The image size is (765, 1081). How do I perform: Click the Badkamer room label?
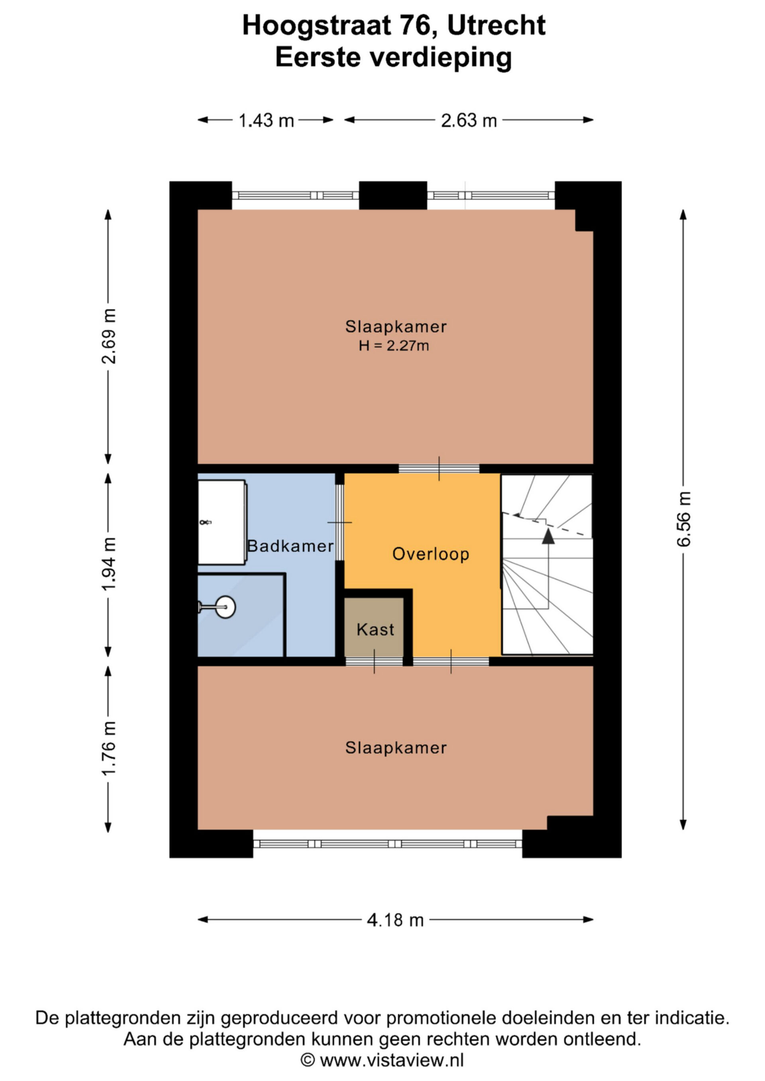(x=290, y=546)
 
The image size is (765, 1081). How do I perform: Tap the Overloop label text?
(x=431, y=554)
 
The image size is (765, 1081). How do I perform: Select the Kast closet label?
(x=375, y=629)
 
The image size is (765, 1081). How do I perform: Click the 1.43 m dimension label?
(x=266, y=121)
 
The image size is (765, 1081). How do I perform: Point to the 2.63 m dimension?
(x=469, y=121)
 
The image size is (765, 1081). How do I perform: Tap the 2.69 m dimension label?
(x=108, y=336)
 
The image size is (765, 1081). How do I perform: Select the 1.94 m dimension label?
(x=108, y=564)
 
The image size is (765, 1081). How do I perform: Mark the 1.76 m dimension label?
(x=108, y=748)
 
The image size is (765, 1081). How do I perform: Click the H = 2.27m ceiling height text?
(x=394, y=346)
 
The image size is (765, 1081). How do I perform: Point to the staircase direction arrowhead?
(x=548, y=536)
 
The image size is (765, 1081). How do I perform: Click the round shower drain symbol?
(x=226, y=607)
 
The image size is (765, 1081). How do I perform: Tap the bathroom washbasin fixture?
(x=222, y=522)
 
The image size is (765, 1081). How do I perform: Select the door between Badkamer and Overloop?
(x=339, y=523)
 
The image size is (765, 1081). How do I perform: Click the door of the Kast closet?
(x=375, y=661)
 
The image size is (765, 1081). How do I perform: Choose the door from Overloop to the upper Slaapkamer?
(x=439, y=469)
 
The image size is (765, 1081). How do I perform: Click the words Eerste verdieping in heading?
(x=393, y=57)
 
